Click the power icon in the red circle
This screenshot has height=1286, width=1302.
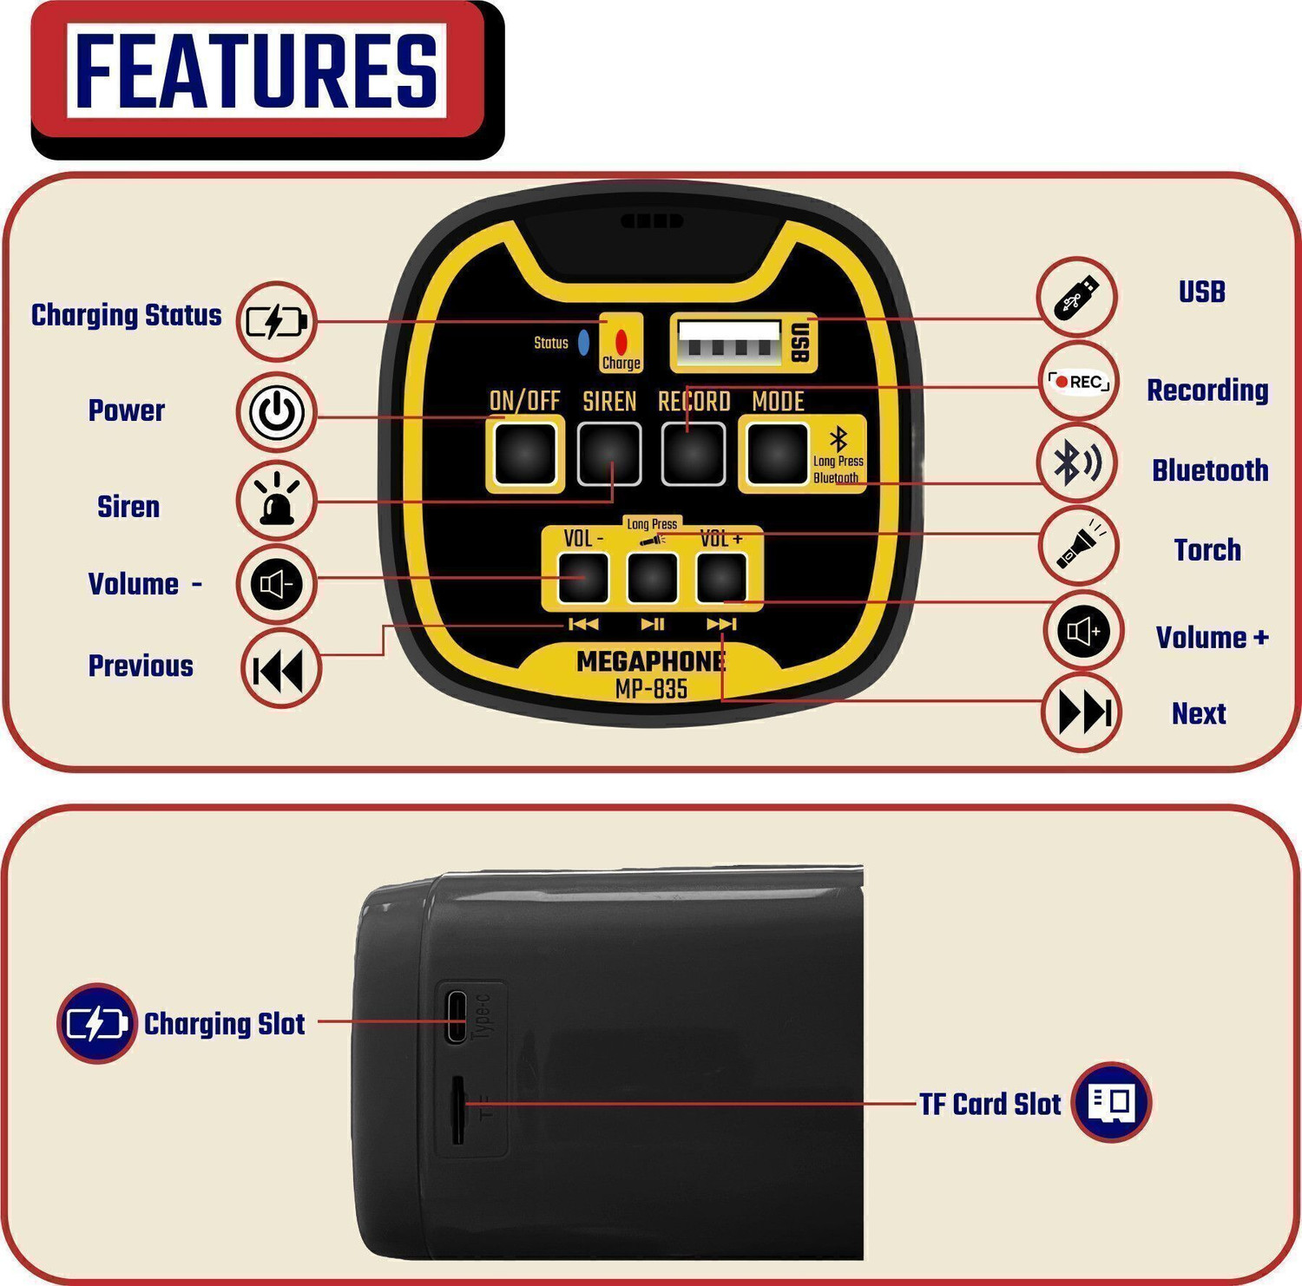(277, 412)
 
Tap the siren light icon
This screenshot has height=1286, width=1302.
(276, 501)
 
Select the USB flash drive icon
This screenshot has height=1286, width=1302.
(1077, 297)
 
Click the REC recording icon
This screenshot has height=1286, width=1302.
(1078, 381)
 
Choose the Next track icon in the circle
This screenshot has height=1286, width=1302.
(1083, 712)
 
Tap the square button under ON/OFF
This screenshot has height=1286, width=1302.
(525, 454)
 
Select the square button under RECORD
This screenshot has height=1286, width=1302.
(693, 454)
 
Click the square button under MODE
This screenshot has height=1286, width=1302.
(778, 454)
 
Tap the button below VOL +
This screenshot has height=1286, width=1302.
(722, 577)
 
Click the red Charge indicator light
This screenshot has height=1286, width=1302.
(621, 341)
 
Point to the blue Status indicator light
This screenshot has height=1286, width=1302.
(584, 342)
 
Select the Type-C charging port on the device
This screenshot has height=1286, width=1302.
(456, 1016)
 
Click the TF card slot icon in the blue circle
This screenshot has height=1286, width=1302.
(1111, 1102)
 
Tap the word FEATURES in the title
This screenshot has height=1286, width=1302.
(257, 71)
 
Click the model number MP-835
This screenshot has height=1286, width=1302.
(651, 690)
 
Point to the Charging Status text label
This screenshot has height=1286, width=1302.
(127, 316)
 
